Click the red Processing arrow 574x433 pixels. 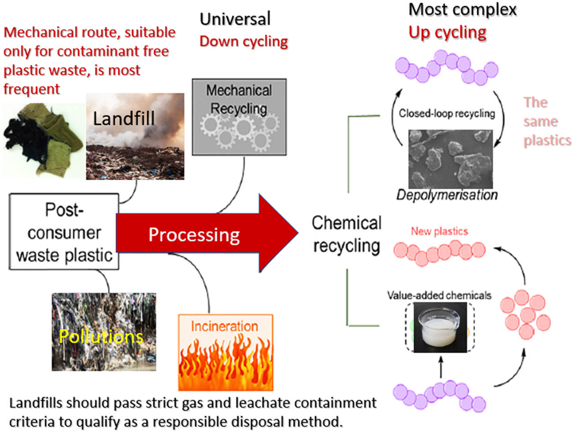199,234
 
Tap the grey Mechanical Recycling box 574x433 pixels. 239,117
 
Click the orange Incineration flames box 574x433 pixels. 225,353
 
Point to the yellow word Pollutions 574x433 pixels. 101,336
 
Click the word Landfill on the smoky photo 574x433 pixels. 124,119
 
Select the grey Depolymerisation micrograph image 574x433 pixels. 450,159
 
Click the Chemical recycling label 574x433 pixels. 347,234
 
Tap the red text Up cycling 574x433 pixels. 447,32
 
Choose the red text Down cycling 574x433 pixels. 243,41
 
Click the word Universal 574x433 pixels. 235,19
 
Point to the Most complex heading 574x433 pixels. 462,9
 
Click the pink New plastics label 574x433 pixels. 439,231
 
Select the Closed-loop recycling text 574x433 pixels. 447,113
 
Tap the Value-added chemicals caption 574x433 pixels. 439,295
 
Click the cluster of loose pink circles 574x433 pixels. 525,314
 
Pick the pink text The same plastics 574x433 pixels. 547,121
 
